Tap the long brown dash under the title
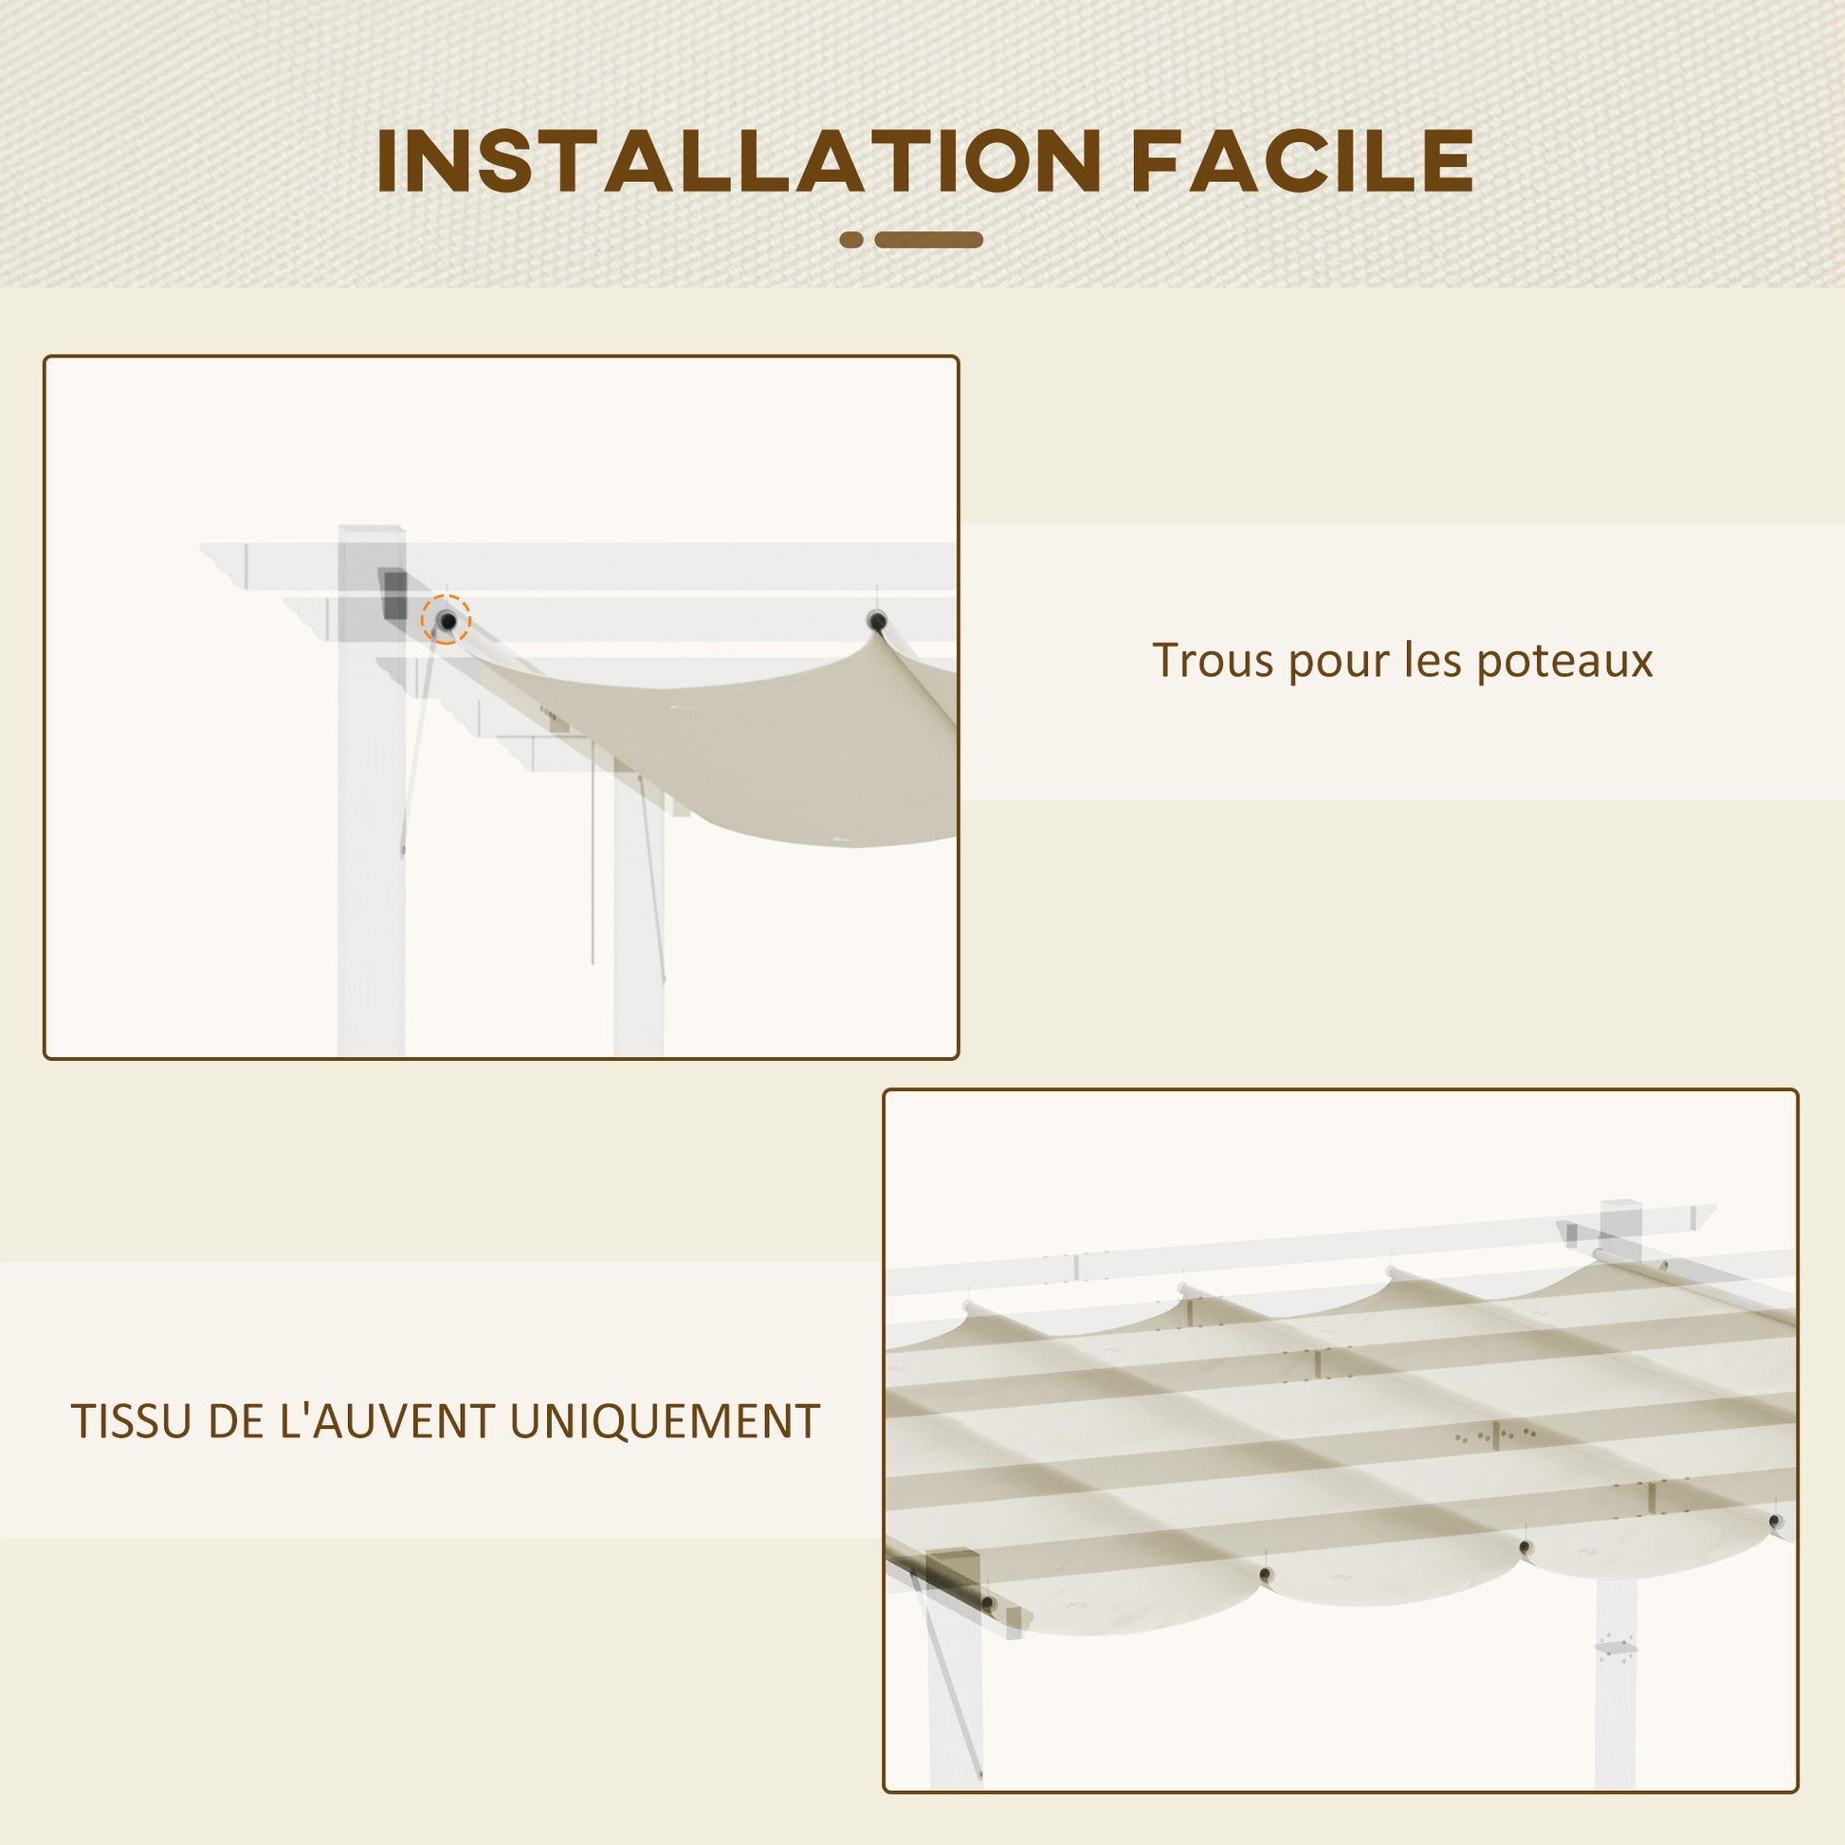tap(929, 240)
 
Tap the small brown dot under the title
tap(851, 240)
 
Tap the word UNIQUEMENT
tap(665, 1422)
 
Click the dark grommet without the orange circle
tap(877, 622)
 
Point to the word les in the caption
tap(1433, 660)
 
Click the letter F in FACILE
tap(1158, 160)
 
